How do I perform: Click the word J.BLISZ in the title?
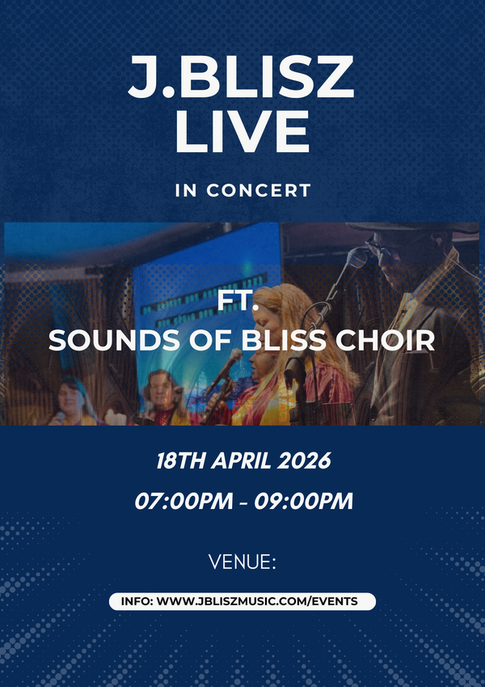241,77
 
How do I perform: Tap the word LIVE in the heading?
242,131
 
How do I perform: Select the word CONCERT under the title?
259,191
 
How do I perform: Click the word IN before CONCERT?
186,191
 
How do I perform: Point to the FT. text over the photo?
238,303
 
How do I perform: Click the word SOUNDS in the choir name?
93,341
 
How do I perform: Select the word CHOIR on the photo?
386,341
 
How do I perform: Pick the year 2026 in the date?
305,461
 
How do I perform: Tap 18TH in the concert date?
181,461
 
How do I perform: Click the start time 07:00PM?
183,502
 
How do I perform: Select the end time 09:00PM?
303,502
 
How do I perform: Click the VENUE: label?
242,562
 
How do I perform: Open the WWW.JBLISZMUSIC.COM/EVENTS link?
257,601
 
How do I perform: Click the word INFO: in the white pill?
137,601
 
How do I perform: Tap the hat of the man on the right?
411,228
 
